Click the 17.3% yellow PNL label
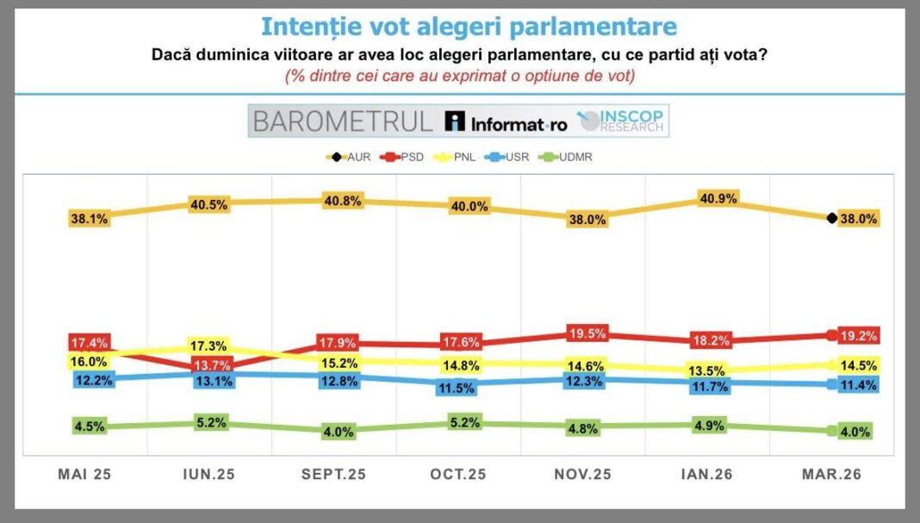[212, 346]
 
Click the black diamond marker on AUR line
[831, 219]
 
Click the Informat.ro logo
[507, 122]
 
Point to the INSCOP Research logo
[622, 121]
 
